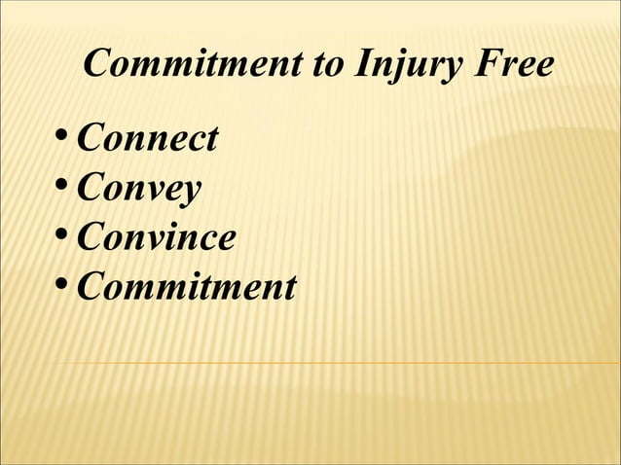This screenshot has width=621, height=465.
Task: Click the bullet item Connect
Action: coord(147,139)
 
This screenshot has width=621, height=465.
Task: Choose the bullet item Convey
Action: coord(138,189)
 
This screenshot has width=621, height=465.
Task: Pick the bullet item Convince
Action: coord(156,237)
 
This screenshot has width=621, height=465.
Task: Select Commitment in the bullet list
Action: coord(186,287)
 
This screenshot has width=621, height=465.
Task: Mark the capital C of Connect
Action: coord(90,139)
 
